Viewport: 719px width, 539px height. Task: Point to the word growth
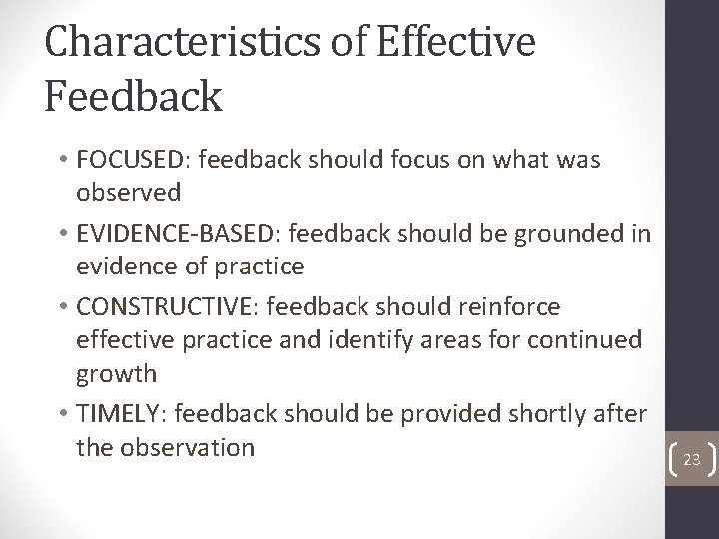tap(116, 375)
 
